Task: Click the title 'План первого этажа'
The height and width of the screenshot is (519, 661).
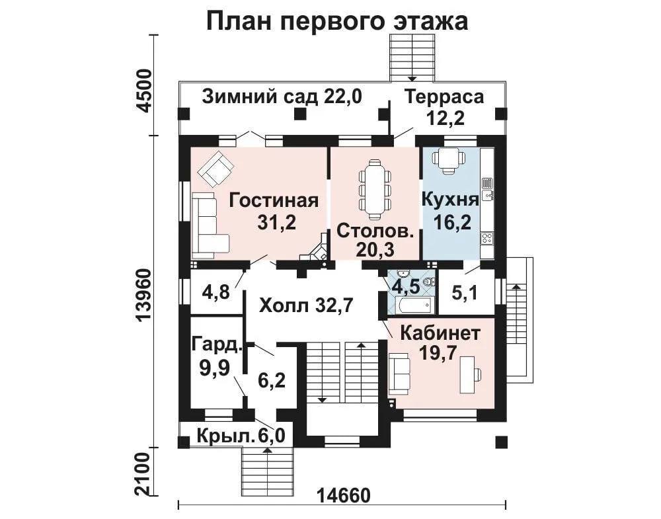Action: (337, 21)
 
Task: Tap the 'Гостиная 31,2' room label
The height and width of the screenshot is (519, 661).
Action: (274, 211)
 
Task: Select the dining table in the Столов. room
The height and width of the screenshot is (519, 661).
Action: (374, 189)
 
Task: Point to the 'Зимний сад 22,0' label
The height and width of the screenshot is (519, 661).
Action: (282, 97)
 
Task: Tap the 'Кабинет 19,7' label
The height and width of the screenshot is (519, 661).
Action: (440, 342)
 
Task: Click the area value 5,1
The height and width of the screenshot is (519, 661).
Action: (465, 292)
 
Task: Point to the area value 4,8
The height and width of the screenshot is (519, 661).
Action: (216, 291)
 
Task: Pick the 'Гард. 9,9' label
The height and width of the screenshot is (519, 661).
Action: (217, 356)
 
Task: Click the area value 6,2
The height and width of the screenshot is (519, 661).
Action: (272, 381)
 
